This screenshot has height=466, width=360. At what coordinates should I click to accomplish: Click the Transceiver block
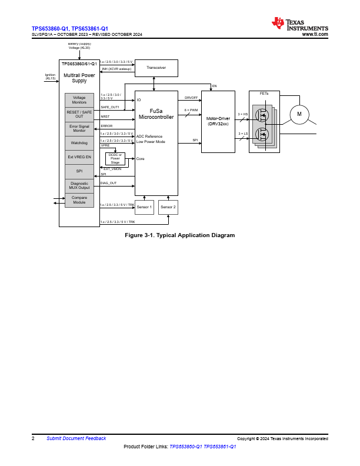coord(156,68)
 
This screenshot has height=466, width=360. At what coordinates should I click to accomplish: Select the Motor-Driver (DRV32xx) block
coord(218,121)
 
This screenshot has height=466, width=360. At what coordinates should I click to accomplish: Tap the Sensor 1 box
coord(144,207)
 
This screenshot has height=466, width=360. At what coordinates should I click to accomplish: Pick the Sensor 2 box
coord(168,207)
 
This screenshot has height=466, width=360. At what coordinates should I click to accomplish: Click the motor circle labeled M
coord(299,114)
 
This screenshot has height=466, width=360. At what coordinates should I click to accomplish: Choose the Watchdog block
coord(79,143)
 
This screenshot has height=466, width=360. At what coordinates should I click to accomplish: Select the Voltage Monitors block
coord(79,100)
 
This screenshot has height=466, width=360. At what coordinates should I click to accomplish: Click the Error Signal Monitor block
coord(79,128)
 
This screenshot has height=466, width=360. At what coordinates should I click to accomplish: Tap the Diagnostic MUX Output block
coord(79,186)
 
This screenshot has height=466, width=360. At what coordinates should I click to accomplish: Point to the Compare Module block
coord(79,200)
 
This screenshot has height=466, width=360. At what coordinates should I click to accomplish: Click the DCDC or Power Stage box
coord(115,158)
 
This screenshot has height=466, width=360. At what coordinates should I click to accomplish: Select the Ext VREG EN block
coord(79,157)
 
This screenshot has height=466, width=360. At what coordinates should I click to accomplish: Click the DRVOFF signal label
coord(191,98)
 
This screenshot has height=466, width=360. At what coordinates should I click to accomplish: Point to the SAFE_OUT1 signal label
coord(110,107)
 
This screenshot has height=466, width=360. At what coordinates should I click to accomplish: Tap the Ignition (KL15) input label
coord(51,76)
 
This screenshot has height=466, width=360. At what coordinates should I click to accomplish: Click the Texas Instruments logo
coord(299,24)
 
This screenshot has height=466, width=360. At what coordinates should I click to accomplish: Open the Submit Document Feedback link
coord(76,438)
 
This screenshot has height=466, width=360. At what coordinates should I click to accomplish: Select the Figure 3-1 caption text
coord(179,235)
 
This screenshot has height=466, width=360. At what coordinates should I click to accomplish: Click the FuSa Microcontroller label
coord(156,114)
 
